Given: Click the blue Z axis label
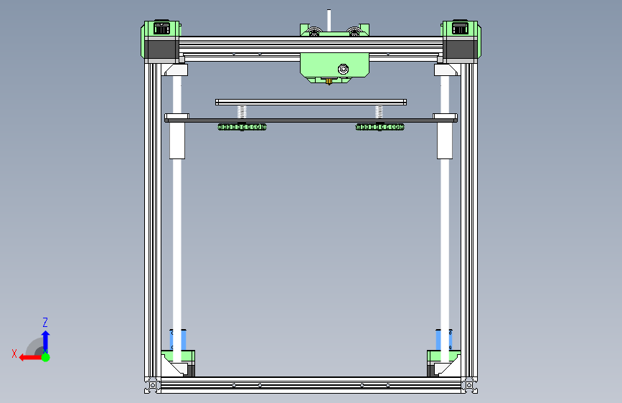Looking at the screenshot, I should (x=45, y=322).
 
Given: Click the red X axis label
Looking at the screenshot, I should (x=14, y=353).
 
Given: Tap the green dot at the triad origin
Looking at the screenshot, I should (x=45, y=356).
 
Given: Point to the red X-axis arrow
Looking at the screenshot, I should (x=29, y=356).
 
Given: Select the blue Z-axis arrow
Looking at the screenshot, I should (x=45, y=339).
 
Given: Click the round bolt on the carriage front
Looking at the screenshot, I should (x=344, y=69).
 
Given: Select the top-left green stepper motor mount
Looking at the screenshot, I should (x=159, y=29).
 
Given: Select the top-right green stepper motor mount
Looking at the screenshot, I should (x=461, y=29).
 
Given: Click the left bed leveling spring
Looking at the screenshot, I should (x=242, y=111).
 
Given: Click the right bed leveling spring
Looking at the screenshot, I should (x=379, y=111).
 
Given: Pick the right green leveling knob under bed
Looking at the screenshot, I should (x=380, y=127).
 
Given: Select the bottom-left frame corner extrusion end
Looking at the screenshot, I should (x=151, y=386).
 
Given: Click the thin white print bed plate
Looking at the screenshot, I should (x=311, y=102).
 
